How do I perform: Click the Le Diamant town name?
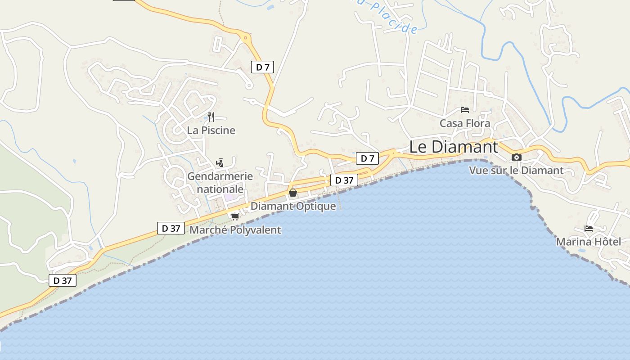click(454, 147)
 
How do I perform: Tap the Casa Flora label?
click(465, 123)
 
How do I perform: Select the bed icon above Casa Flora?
click(465, 109)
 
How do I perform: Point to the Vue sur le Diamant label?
click(516, 170)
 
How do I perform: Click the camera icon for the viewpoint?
click(517, 157)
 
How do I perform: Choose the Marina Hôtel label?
click(588, 242)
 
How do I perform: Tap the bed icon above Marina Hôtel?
click(589, 229)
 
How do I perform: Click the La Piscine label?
click(211, 130)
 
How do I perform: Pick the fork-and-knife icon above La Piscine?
click(211, 117)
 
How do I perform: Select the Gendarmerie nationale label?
click(220, 182)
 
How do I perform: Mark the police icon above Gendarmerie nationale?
click(220, 163)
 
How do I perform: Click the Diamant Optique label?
click(293, 206)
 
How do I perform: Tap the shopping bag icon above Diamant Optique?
click(293, 193)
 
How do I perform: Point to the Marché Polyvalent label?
click(235, 230)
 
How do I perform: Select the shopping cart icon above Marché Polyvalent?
click(235, 216)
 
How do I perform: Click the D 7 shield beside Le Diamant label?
click(367, 158)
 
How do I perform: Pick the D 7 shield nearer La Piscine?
click(262, 67)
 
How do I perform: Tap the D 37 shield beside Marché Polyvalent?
click(171, 228)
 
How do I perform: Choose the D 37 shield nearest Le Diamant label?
click(344, 180)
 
